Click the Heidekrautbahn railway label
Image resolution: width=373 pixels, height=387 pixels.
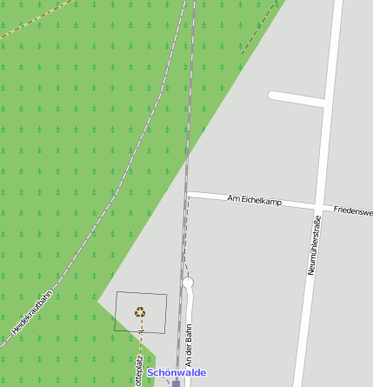point(33,312)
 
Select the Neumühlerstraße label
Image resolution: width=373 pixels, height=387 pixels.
point(312,248)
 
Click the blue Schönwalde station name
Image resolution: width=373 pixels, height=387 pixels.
point(177,372)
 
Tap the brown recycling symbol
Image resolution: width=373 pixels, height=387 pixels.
point(140,311)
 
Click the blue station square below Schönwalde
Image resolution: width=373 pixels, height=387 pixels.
point(176,383)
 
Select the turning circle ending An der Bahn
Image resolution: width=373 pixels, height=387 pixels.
point(188,283)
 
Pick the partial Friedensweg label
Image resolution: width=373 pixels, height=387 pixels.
point(353,210)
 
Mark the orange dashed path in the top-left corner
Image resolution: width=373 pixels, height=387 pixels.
point(35,19)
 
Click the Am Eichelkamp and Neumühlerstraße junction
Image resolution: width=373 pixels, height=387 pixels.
point(316,206)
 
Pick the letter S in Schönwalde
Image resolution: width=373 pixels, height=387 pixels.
point(151,372)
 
